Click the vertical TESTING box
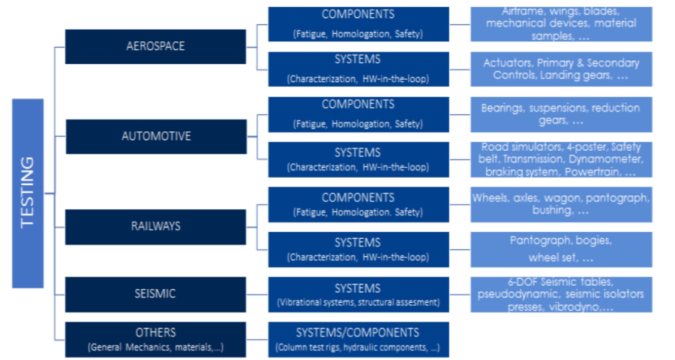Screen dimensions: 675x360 pyautogui.click(x=28, y=193)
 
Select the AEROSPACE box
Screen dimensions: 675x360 pyautogui.click(x=156, y=47)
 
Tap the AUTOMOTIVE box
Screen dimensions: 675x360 pyautogui.click(x=156, y=137)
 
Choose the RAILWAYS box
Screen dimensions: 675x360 pyautogui.click(x=156, y=227)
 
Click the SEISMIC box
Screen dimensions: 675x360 pyautogui.click(x=156, y=294)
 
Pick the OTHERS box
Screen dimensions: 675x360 pyautogui.click(x=156, y=339)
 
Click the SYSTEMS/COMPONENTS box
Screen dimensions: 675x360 pyautogui.click(x=359, y=339)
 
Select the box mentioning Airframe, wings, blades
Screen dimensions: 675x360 pyautogui.click(x=562, y=24)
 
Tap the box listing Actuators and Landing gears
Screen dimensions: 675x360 pyautogui.click(x=562, y=69)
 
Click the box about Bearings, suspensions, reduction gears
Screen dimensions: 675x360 pyautogui.click(x=562, y=114)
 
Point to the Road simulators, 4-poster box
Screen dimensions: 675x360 pyautogui.click(x=562, y=160)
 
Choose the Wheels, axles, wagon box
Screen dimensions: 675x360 pyautogui.click(x=562, y=205)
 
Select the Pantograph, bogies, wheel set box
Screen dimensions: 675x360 pyautogui.click(x=562, y=250)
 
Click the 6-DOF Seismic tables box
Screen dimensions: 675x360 pyautogui.click(x=562, y=295)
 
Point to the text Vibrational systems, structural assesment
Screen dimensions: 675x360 pyautogui.click(x=358, y=303)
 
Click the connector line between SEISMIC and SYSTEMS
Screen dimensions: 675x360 pyautogui.click(x=257, y=294)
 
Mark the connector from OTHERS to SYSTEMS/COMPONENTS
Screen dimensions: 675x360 pyautogui.click(x=257, y=339)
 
